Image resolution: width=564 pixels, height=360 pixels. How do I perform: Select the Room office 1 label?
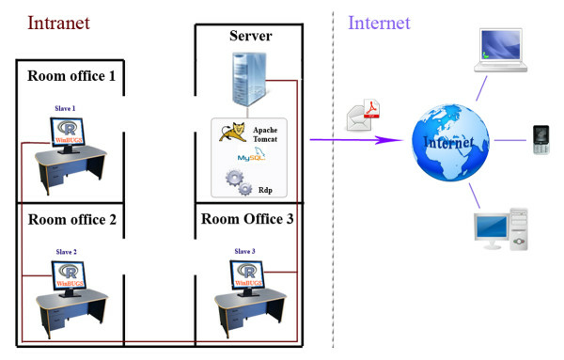(71, 76)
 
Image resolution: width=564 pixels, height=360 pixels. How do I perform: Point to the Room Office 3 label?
(247, 219)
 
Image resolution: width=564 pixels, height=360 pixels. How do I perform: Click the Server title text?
(250, 36)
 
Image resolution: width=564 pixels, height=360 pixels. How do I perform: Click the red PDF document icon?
(371, 113)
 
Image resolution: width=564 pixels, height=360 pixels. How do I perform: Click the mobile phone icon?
(540, 139)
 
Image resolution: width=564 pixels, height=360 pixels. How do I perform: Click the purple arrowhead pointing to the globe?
(385, 141)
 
